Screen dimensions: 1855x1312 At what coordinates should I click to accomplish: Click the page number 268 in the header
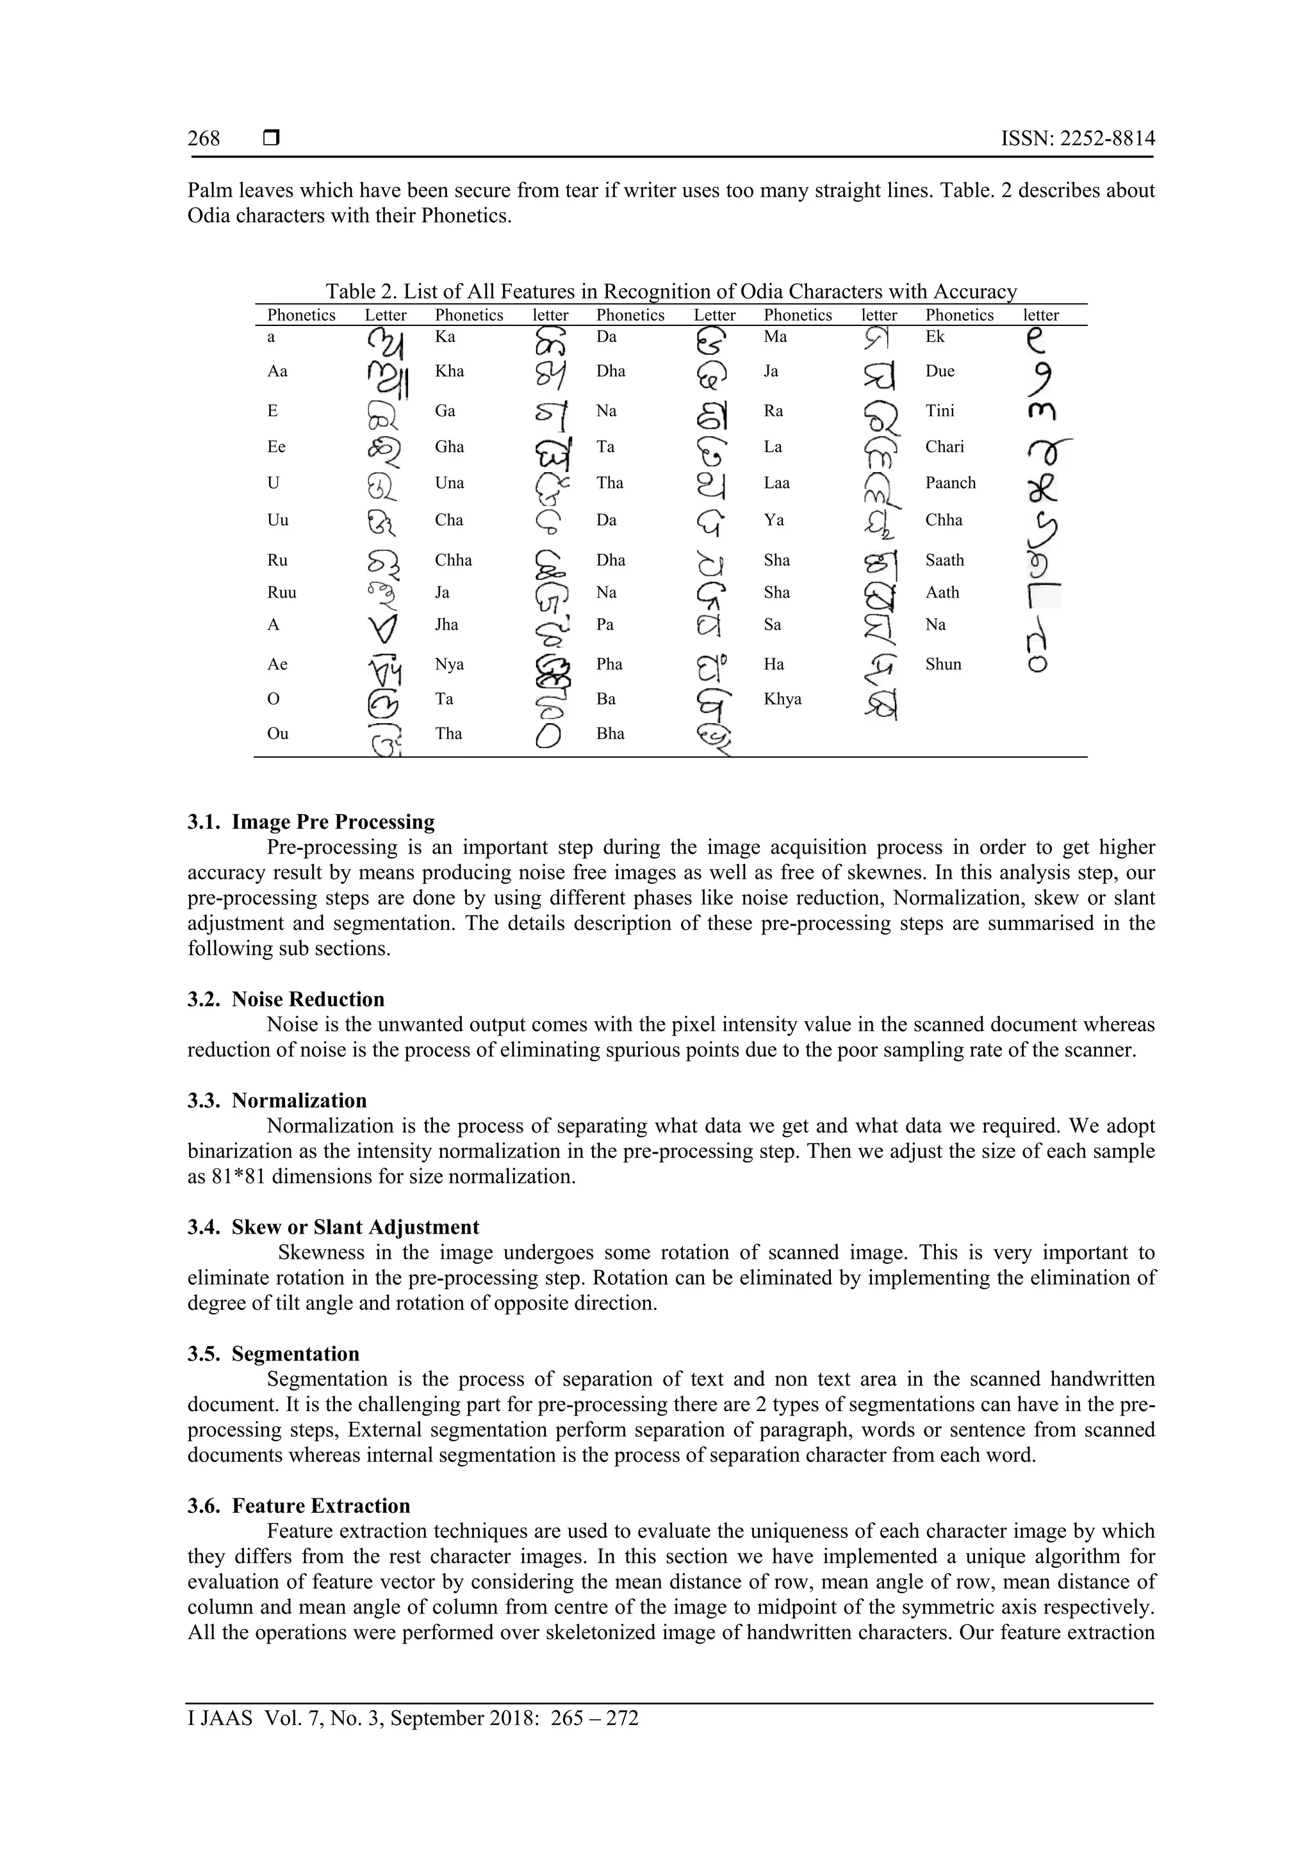tap(204, 139)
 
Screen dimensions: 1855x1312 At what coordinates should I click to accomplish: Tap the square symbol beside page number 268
tap(272, 138)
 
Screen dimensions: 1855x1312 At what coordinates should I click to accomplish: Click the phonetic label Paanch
tap(950, 482)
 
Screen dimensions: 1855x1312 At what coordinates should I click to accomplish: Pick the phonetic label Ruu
tap(281, 592)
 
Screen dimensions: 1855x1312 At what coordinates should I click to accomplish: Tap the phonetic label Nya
tap(449, 664)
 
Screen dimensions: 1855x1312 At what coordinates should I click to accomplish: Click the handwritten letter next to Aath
tap(1044, 596)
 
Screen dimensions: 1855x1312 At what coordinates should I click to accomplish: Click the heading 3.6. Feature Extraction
tap(299, 1506)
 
